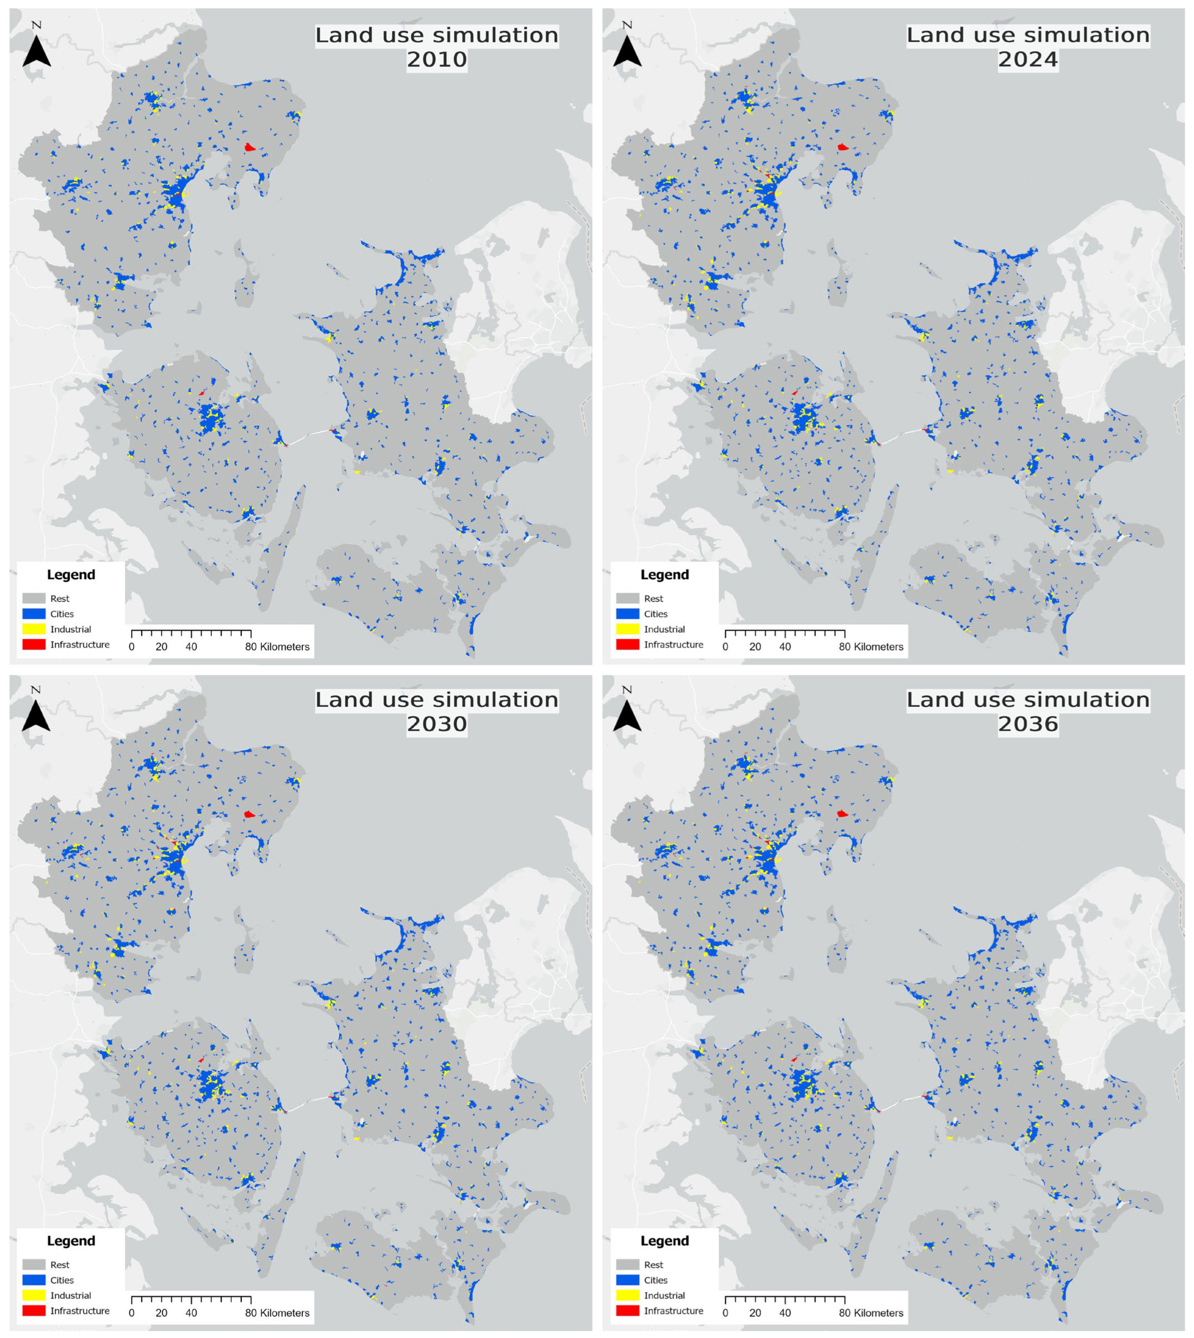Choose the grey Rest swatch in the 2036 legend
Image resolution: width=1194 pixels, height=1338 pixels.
click(x=627, y=1265)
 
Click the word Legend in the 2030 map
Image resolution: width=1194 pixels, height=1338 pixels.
click(x=71, y=1241)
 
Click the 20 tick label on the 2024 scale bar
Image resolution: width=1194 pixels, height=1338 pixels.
click(x=755, y=647)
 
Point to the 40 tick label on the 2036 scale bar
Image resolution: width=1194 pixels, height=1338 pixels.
click(x=785, y=1313)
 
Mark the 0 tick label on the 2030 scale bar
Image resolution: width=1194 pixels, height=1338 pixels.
click(x=132, y=1313)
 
